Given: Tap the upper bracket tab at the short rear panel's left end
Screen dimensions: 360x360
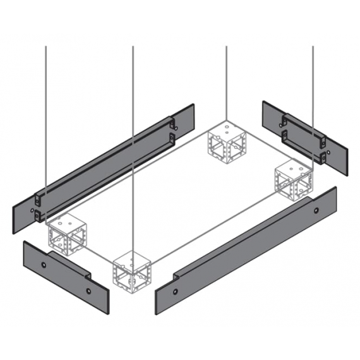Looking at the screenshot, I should pos(285,117).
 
